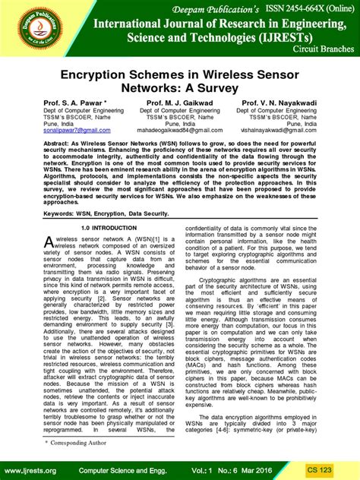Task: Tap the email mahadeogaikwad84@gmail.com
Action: pyautogui.click(x=180, y=131)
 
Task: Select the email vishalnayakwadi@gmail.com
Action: pyautogui.click(x=285, y=131)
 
